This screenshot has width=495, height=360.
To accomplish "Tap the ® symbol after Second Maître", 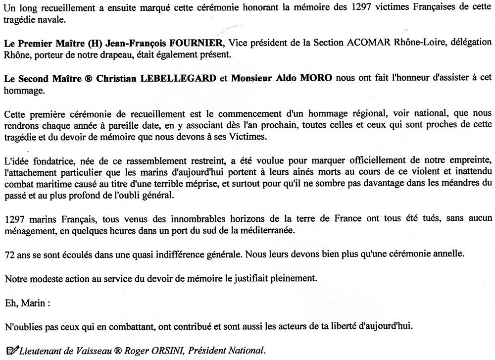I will click(x=67, y=78).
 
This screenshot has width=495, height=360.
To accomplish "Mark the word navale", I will click(x=53, y=19).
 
